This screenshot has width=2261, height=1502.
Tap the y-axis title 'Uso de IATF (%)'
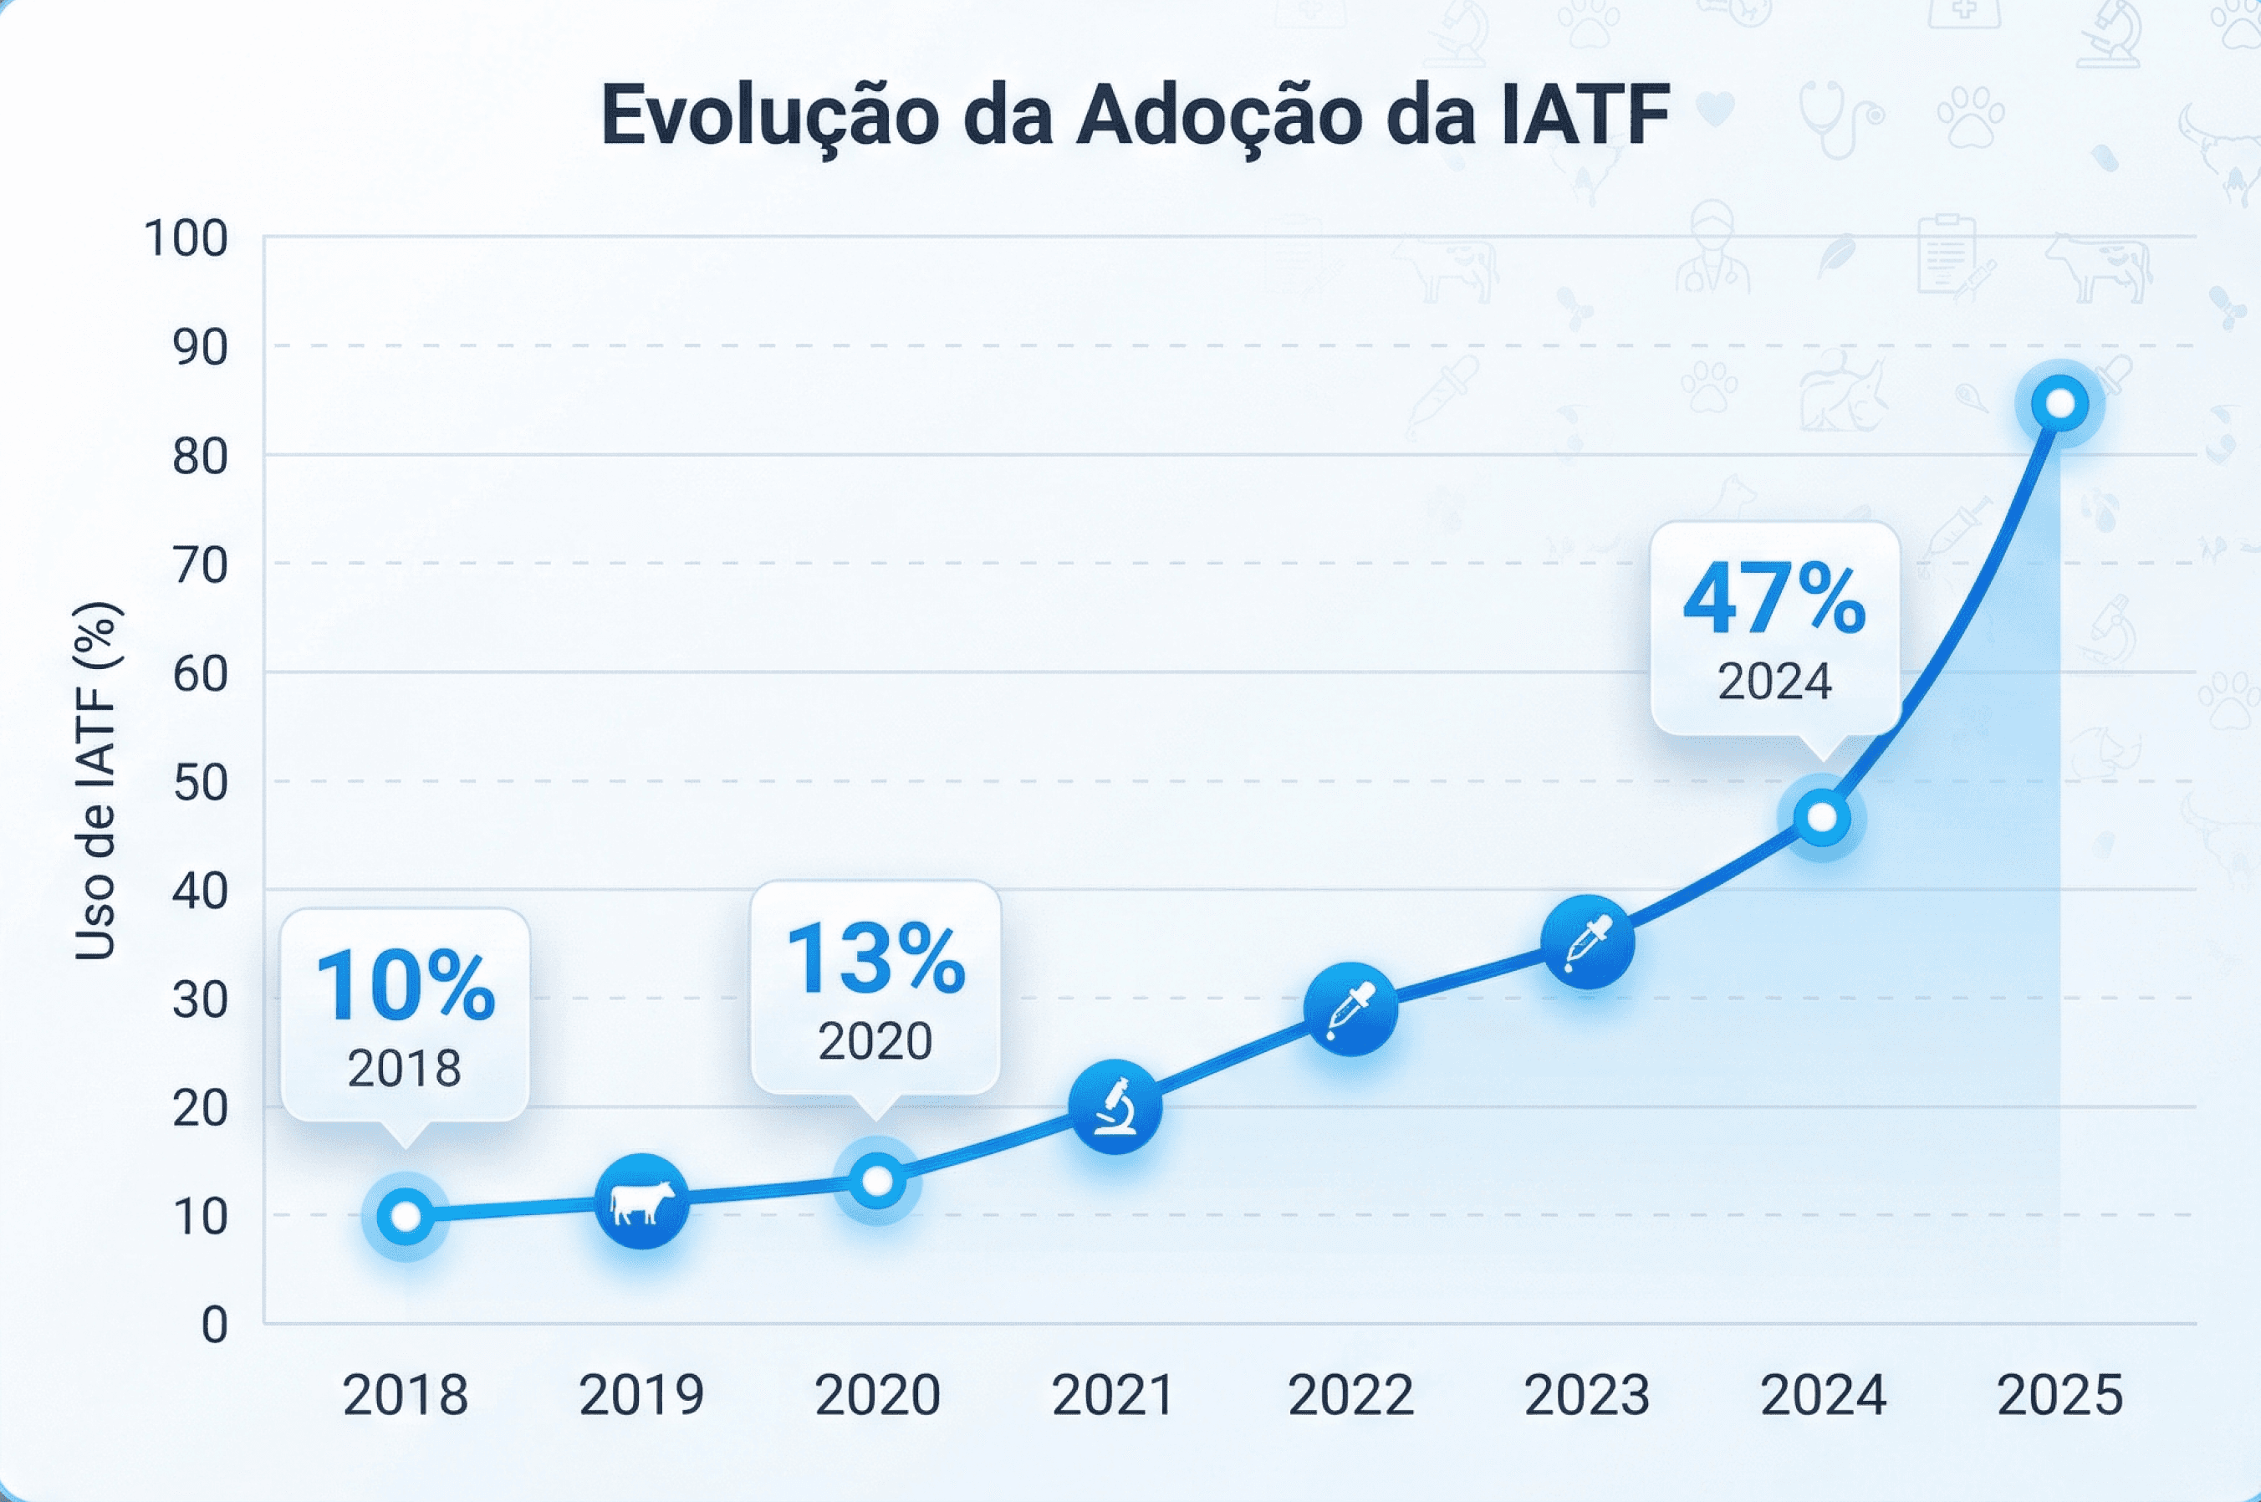(96, 781)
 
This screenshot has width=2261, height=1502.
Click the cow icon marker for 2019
(641, 1201)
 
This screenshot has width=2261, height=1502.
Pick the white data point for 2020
(877, 1181)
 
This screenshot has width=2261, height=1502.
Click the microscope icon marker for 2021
(1115, 1107)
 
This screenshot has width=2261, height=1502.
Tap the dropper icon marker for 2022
(1350, 1009)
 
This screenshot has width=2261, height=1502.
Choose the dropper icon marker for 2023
(1588, 943)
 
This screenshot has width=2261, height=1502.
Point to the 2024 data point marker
(1821, 818)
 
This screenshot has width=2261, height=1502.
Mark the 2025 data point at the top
(2059, 404)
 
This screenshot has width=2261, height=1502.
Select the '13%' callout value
(875, 958)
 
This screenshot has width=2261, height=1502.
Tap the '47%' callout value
(1774, 601)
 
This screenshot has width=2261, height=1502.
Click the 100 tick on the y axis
(186, 238)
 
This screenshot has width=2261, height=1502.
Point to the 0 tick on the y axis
(215, 1326)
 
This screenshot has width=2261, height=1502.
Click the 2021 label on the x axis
(1114, 1396)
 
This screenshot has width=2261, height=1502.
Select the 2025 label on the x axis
(2059, 1396)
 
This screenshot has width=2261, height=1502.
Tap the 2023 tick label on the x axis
(1587, 1396)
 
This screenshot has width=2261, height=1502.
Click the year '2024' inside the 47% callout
(1774, 682)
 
